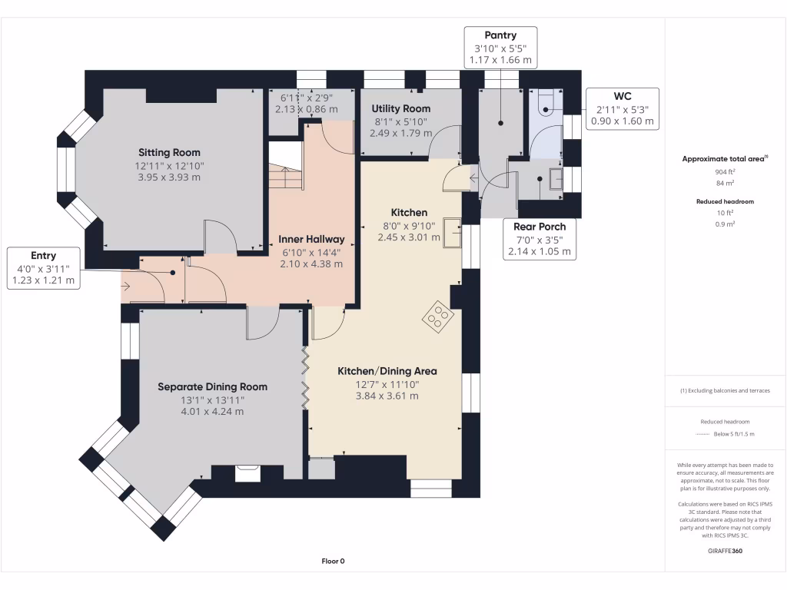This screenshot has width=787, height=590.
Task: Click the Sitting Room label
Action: coord(169,153)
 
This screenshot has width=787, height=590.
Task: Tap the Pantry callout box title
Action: coord(500,35)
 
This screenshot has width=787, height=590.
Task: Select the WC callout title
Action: coord(623,96)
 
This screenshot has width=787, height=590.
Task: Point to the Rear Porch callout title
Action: coord(540,227)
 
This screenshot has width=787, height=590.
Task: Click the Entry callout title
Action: coord(43,256)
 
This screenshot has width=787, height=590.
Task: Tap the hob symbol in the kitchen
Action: coord(438,317)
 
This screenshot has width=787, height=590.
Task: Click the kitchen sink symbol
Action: coord(452,234)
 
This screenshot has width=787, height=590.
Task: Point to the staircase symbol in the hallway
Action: coord(285,165)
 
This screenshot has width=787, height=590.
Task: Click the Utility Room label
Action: coord(401,108)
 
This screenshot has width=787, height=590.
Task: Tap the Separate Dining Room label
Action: coord(212,387)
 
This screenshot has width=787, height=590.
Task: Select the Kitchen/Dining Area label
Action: coord(387,371)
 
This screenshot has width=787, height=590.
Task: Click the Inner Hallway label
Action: coord(312,240)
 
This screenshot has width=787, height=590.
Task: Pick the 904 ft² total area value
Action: coord(725,171)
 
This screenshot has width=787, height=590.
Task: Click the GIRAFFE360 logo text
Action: coord(725,551)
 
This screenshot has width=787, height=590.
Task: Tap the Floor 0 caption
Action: coord(334,562)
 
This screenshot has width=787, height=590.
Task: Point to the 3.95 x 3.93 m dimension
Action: coord(169,177)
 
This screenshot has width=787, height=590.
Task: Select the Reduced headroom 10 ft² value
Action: coord(725,213)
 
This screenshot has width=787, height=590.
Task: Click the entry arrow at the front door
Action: coord(125,287)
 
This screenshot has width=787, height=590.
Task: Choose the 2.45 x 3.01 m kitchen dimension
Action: coord(409,237)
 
